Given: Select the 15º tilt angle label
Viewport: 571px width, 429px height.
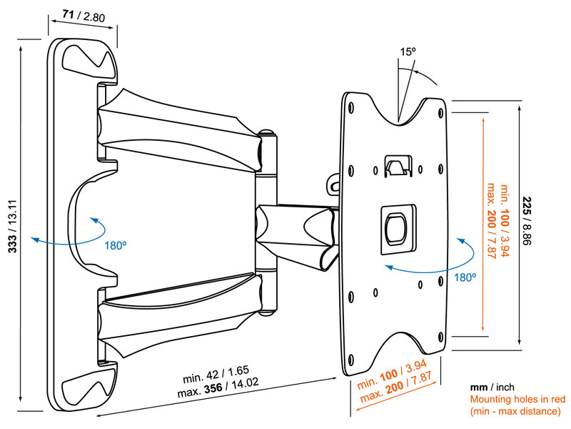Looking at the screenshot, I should [x=407, y=51].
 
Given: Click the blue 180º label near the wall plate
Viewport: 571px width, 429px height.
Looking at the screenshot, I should [x=116, y=245].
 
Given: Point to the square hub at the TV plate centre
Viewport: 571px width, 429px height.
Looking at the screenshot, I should [x=396, y=227].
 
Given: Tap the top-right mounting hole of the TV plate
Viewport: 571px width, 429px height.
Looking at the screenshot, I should [x=440, y=112].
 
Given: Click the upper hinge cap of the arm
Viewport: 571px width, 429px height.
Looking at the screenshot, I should [x=268, y=133].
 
